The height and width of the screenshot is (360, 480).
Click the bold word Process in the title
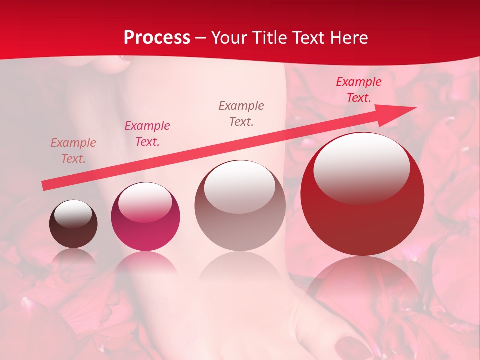pyautogui.click(x=157, y=38)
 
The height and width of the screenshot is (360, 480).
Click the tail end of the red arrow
pyautogui.click(x=44, y=186)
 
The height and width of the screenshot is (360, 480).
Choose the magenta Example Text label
pyautogui.click(x=147, y=134)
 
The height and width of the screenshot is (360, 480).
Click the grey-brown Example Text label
pyautogui.click(x=241, y=113)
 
